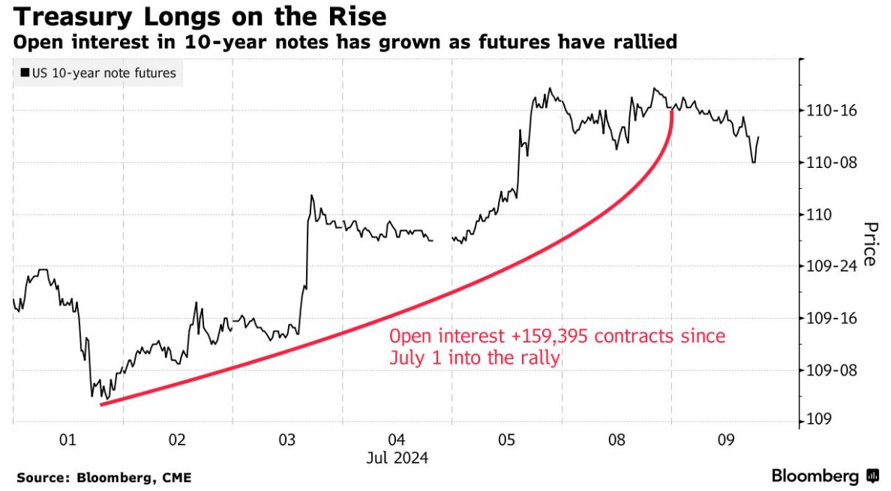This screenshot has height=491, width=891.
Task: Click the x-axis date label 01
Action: pyautogui.click(x=67, y=440)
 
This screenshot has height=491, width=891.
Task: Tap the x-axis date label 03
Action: pyautogui.click(x=287, y=440)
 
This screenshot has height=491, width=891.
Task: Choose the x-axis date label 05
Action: pyautogui.click(x=506, y=440)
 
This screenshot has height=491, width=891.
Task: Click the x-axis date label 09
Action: pyautogui.click(x=725, y=440)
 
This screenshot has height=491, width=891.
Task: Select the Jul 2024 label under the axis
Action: pyautogui.click(x=397, y=457)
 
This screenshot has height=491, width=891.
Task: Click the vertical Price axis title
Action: pyautogui.click(x=870, y=244)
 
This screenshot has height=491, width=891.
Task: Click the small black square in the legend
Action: pyautogui.click(x=25, y=73)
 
